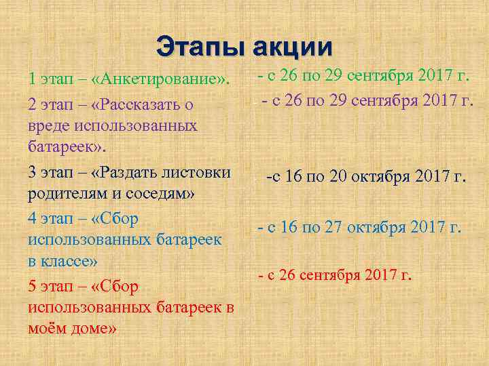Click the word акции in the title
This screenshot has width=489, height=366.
293,47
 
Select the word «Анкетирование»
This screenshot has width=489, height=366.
160,79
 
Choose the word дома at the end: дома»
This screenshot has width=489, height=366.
95,329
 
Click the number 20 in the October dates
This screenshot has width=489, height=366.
339,178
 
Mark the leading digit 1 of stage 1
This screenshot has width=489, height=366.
32,79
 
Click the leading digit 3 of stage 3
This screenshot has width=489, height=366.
33,172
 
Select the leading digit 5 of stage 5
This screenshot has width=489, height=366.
33,287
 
